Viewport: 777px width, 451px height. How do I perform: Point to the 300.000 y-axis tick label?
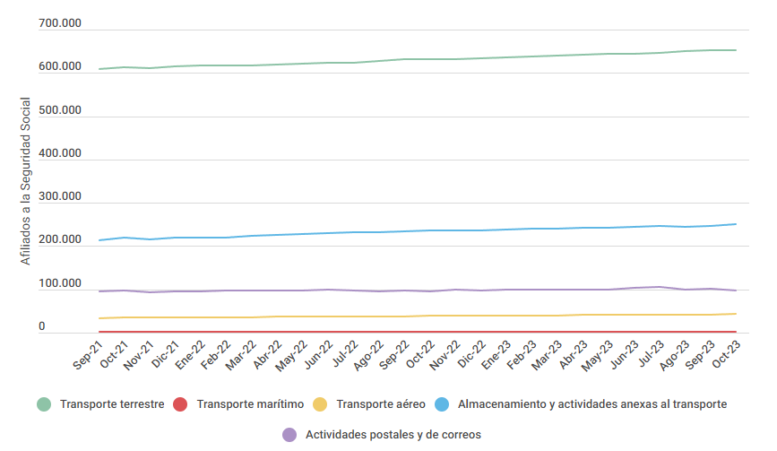click(x=60, y=197)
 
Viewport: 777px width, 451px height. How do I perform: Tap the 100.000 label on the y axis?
click(x=60, y=284)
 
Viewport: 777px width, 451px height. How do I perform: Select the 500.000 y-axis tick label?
click(x=60, y=110)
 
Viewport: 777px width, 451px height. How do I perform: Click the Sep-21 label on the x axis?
click(x=88, y=353)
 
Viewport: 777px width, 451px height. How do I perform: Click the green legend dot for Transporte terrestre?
click(x=44, y=404)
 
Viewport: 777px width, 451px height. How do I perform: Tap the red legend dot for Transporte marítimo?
click(x=179, y=404)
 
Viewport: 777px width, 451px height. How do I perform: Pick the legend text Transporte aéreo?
click(x=381, y=404)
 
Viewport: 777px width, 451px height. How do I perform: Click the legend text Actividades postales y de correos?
click(x=393, y=435)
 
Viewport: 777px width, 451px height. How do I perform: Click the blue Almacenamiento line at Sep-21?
click(x=99, y=240)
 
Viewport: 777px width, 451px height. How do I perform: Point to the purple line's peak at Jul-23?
click(x=660, y=287)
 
